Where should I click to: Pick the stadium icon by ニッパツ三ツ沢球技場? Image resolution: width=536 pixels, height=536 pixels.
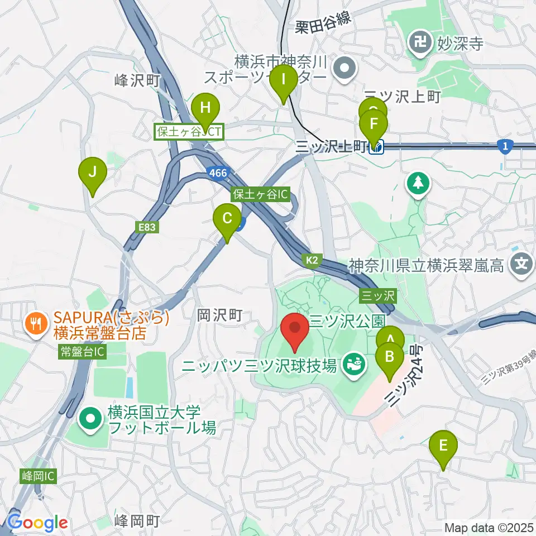click(x=353, y=366)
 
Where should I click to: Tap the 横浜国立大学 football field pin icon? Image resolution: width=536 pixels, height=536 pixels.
click(x=89, y=420)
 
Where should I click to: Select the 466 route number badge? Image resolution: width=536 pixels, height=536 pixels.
click(x=218, y=173)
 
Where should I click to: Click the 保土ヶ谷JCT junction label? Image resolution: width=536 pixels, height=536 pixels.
click(x=189, y=132)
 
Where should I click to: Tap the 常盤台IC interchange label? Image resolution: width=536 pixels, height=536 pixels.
click(x=82, y=351)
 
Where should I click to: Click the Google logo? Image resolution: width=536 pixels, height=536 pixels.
click(x=37, y=523)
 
